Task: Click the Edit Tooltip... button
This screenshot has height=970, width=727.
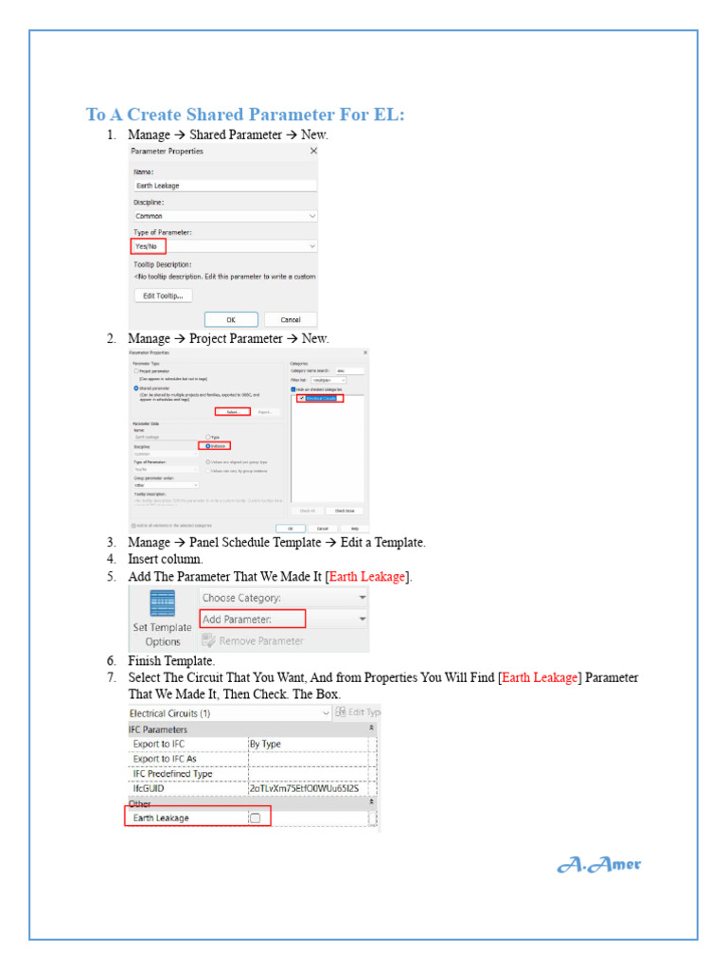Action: pos(163,296)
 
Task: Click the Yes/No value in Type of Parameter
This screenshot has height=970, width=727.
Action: pos(148,246)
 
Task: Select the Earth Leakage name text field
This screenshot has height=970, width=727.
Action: pos(223,186)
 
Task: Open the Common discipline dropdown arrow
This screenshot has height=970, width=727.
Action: pos(312,216)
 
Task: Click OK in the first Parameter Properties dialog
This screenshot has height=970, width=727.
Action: pos(230,320)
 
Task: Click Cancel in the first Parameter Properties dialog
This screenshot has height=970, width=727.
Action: pos(283,320)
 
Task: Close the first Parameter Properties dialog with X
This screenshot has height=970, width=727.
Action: pos(313,151)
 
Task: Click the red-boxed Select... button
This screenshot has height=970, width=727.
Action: pos(232,412)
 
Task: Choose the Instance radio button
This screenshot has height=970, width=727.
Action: pos(208,445)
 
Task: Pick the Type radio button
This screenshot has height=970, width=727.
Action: pos(208,437)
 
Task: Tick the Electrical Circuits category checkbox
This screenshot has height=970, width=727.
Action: pos(301,399)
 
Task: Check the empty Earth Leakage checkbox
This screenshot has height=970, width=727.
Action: pos(255,817)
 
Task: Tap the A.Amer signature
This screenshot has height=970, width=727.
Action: pos(598,864)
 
